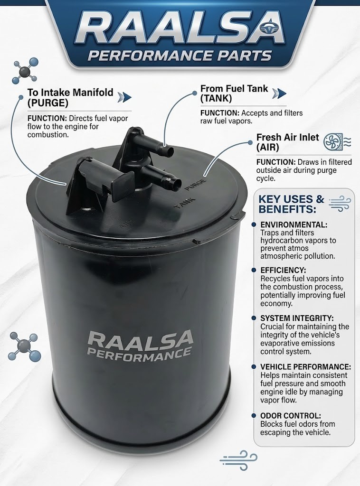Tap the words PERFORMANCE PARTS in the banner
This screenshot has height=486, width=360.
pos(180,56)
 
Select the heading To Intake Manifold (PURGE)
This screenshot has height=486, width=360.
pos(70,97)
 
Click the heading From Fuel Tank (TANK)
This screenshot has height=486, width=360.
pos(234,93)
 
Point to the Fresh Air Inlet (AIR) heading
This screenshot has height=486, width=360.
pos(287,142)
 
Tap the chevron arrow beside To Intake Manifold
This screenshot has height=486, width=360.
pos(124,97)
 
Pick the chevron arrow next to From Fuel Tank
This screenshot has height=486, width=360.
pos(279,93)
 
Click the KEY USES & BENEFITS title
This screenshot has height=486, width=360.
pos(291,204)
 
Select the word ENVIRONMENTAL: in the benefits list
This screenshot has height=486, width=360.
pos(294,224)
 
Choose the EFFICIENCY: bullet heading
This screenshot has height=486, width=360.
pos(283,270)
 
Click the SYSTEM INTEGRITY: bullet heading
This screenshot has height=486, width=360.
pos(297,318)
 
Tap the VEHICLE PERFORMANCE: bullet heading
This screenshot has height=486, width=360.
pos(305,367)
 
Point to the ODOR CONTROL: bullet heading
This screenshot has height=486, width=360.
pos(291,415)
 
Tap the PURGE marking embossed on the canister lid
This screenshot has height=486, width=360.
pos(195,185)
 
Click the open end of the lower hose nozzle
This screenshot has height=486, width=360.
pos(177,184)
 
